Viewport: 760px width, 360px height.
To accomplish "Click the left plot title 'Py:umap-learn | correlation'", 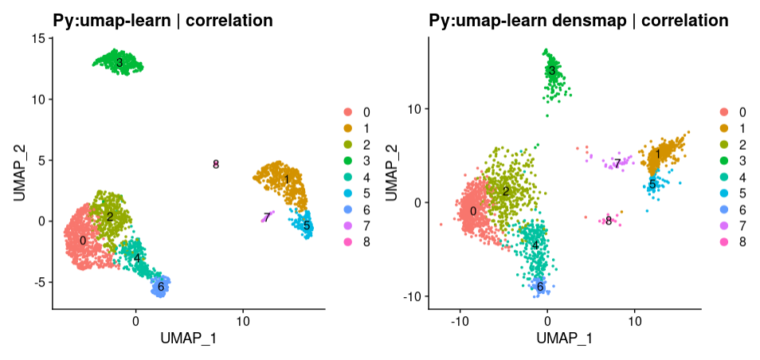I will [x=163, y=21].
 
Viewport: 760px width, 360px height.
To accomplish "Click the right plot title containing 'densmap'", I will [x=578, y=21].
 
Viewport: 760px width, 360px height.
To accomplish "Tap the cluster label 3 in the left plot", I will [x=119, y=62].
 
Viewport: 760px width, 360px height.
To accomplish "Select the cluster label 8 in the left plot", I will [x=216, y=164].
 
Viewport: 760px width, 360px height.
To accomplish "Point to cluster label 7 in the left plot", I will [x=266, y=217].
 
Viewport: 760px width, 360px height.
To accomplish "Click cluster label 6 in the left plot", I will [x=161, y=286].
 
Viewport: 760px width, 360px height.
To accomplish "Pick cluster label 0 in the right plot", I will [x=473, y=211].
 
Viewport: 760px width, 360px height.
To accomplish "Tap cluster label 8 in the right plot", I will [x=609, y=221].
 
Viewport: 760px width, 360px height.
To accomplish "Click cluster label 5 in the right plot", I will [x=652, y=185].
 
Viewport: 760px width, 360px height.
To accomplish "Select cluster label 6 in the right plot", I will [x=540, y=286].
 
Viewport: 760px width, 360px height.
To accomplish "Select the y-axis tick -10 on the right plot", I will [x=414, y=296].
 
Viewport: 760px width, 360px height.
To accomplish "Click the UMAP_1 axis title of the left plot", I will [x=188, y=339].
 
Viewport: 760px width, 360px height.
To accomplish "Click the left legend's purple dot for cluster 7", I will [x=347, y=224].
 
